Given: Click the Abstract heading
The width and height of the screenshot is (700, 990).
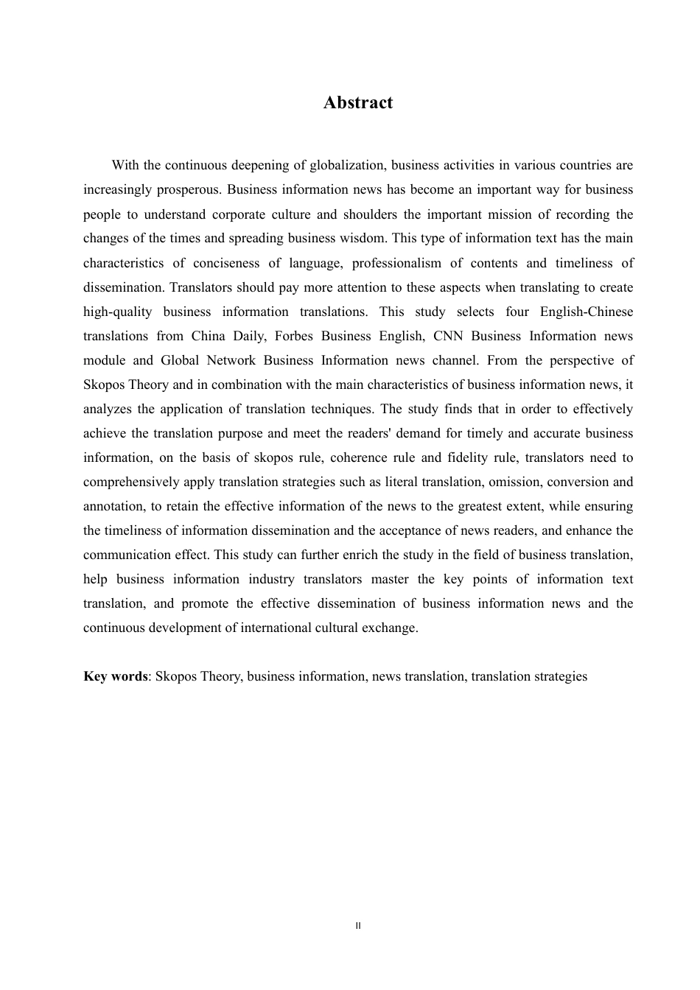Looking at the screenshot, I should click(358, 102).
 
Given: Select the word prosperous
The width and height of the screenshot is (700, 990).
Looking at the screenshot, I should click(189, 189).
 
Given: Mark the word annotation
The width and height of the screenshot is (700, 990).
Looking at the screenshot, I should click(114, 506).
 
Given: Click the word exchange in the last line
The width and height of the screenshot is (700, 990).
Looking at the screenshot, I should click(391, 628).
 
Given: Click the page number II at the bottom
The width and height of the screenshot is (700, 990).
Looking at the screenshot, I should click(358, 925).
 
